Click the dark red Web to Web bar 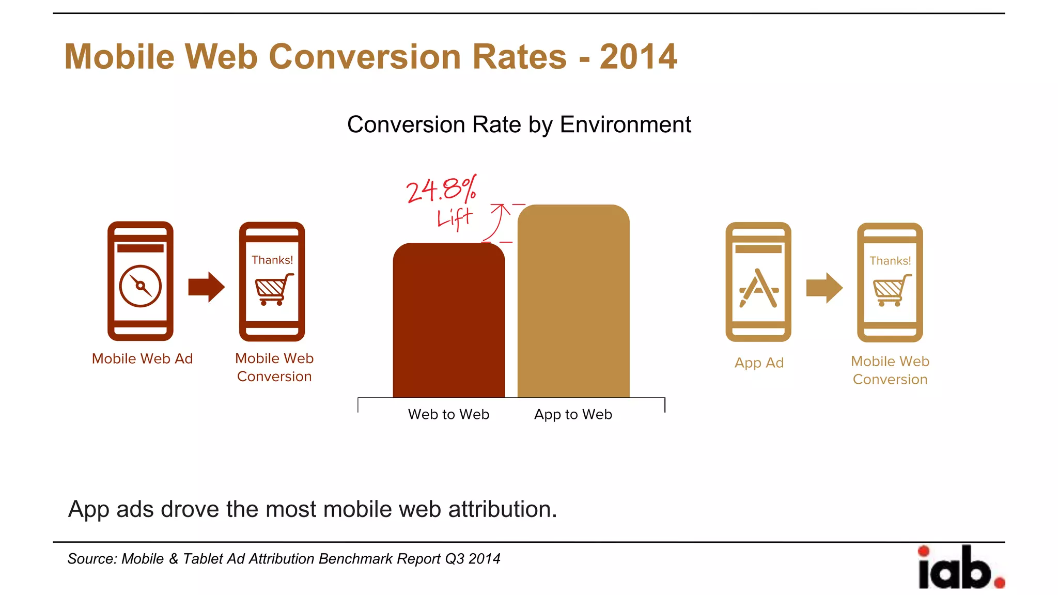[x=448, y=320]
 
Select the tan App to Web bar [x=573, y=302]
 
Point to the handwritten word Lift [x=455, y=218]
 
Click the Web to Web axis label [x=448, y=414]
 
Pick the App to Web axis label [x=573, y=414]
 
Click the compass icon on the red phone [x=141, y=286]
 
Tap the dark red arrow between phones [x=206, y=287]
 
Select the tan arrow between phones [x=824, y=288]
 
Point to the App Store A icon [x=758, y=288]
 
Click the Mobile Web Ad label [x=142, y=358]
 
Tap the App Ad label [x=759, y=363]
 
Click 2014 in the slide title [x=638, y=57]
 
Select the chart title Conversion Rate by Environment [x=519, y=124]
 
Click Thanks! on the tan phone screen [x=890, y=261]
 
